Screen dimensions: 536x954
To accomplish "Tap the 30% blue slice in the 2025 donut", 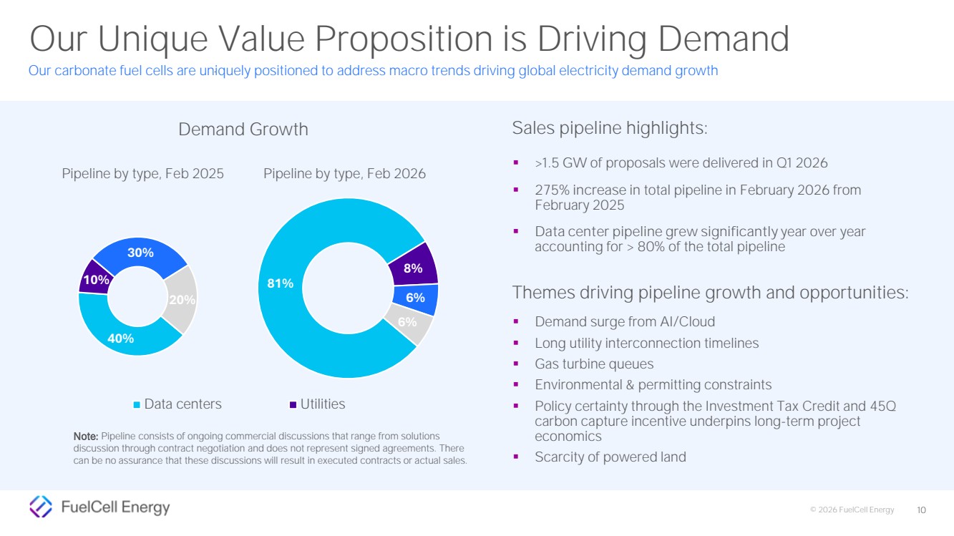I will point(140,253).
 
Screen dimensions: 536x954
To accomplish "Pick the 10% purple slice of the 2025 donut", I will point(94,280).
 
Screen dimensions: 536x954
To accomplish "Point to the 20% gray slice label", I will point(182,300).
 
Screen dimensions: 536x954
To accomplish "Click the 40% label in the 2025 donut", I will point(120,338).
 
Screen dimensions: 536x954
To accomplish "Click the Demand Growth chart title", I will point(243,130).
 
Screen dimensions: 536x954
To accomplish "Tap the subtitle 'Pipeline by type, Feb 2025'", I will point(142,174).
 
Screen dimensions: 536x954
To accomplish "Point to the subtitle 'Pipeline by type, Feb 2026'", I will point(344,174).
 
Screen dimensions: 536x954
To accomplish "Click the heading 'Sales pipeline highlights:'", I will point(610,129).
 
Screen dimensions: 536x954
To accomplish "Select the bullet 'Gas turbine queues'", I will point(594,364).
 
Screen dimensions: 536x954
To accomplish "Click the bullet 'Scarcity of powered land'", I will point(610,457).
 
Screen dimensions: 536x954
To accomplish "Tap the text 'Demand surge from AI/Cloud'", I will point(625,322).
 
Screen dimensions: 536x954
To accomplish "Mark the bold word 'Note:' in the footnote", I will point(86,436).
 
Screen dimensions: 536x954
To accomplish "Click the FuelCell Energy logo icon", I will point(41,507).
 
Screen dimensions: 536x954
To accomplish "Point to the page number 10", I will point(921,510).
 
